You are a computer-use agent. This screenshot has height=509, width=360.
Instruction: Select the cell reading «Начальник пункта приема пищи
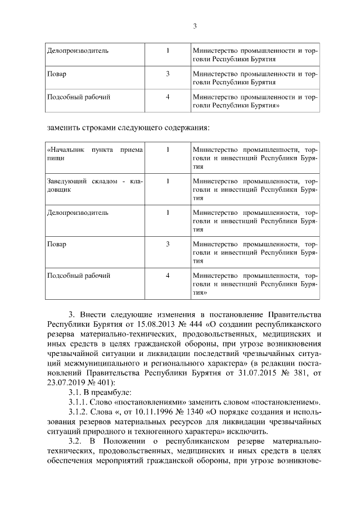(x=94, y=154)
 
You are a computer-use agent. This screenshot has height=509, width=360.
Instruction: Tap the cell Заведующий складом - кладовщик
(x=94, y=186)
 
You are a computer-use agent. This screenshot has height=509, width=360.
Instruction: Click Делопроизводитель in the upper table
(x=78, y=51)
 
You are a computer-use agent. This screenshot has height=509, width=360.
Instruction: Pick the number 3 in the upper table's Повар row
(x=168, y=74)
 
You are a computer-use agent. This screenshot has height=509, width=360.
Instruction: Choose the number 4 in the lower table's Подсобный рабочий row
(x=168, y=276)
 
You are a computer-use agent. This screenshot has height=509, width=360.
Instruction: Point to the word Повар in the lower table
(x=57, y=244)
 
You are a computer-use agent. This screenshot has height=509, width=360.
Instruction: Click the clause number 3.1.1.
(x=79, y=402)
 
